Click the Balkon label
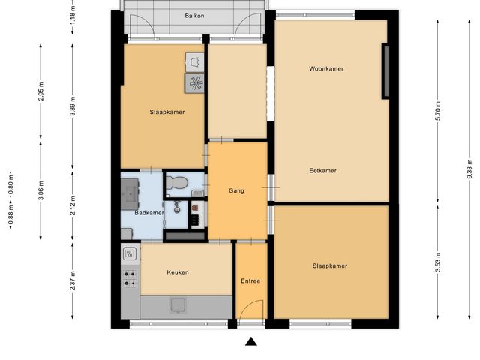194,16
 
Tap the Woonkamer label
326,68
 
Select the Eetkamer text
323,170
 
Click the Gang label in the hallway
236,191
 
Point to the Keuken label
178,272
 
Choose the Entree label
250,281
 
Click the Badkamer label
149,213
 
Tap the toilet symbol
177,182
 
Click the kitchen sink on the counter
178,305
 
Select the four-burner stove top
130,278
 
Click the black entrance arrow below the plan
251,341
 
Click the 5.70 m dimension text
438,111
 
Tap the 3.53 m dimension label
438,262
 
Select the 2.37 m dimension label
73,280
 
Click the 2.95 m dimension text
41,91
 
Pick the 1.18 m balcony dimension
73,15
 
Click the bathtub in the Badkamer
130,194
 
